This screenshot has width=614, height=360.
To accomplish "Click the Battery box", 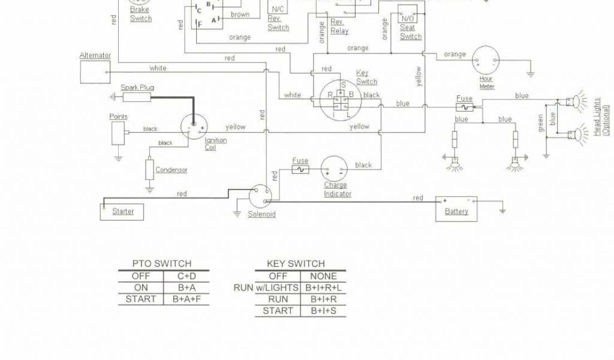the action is (456, 208).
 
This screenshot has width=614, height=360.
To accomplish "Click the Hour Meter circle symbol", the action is (486, 61).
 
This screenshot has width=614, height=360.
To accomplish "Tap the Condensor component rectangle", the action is (149, 169).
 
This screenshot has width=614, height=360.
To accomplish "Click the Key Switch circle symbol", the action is (340, 100).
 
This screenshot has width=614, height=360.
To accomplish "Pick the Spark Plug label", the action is (137, 88).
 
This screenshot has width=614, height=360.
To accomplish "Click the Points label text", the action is (118, 116).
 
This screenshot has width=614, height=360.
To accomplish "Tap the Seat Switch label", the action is (411, 32).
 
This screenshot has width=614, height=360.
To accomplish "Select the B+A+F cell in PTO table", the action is (187, 299).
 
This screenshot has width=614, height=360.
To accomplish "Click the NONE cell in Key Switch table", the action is (323, 277).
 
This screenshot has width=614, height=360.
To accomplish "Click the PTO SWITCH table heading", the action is (162, 263).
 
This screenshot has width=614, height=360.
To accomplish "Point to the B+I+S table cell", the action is (323, 311).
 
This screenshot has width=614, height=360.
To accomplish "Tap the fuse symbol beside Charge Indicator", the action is (300, 170).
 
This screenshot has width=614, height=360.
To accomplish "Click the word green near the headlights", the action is (541, 123).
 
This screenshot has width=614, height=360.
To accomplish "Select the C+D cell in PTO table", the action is (187, 277).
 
